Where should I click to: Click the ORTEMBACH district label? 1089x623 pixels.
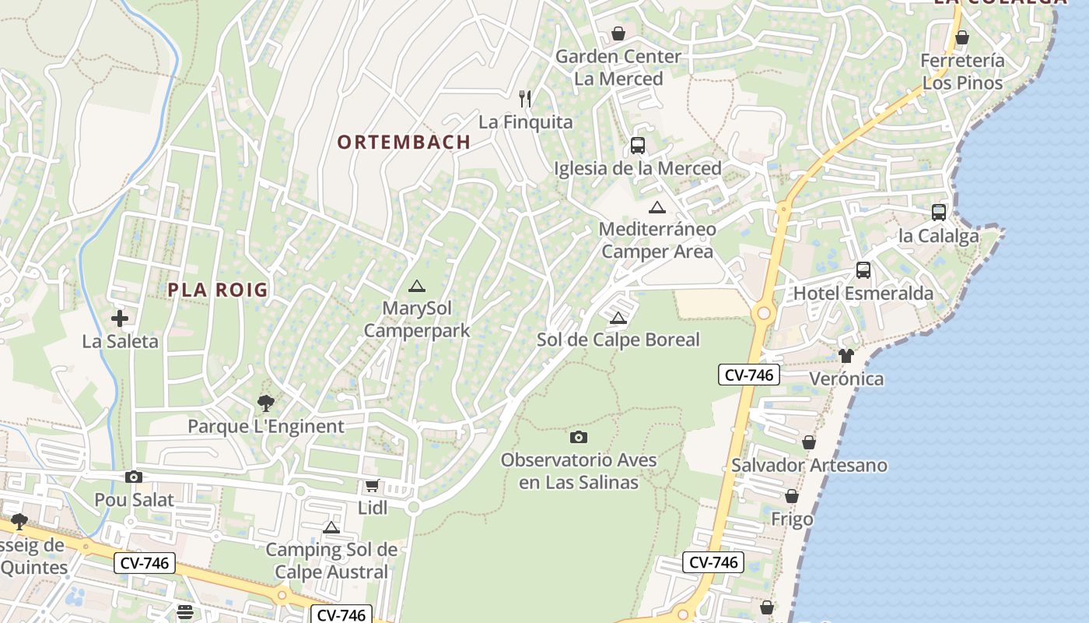(404, 142)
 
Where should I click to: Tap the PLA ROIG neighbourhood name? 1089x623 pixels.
(218, 290)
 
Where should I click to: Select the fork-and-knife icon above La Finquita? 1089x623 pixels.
(526, 98)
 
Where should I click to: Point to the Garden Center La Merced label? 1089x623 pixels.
(618, 68)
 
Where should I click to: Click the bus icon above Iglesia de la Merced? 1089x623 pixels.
(638, 145)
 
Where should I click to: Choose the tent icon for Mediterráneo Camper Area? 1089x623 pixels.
(657, 207)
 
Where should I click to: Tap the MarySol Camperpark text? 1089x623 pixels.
(417, 319)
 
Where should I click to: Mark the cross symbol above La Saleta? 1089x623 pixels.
(120, 318)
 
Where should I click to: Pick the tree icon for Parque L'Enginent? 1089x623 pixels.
(266, 403)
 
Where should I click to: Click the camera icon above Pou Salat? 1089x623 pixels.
(134, 477)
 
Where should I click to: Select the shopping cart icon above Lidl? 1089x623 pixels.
(373, 485)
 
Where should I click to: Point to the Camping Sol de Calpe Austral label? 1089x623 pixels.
(331, 561)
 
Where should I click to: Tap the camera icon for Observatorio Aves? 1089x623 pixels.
(579, 437)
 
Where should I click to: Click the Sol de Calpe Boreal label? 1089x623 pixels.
(618, 340)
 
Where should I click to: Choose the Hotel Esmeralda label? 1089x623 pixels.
(863, 294)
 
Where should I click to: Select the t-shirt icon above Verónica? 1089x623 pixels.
(846, 356)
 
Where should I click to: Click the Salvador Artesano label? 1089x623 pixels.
(809, 465)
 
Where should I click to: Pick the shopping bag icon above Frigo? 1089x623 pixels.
(792, 496)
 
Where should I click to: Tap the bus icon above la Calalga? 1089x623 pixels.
(939, 212)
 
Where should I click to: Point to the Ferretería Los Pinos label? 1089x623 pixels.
(962, 72)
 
